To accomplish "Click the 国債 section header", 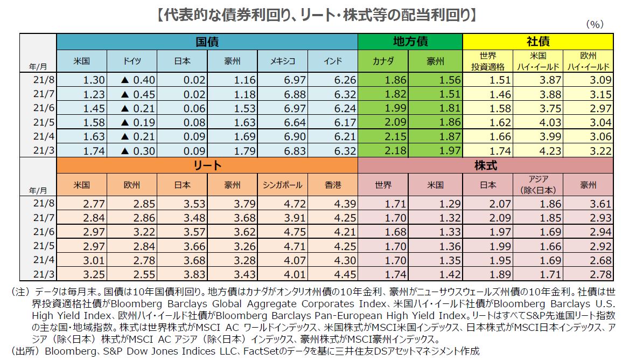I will pos(207,41).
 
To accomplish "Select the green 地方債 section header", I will pos(410,41).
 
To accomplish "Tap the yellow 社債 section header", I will pos(537,41).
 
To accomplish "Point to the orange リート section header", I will pos(207,165).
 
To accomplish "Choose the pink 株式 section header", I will pos(485,165).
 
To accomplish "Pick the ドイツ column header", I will pos(132,61).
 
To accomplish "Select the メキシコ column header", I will pos(283,61).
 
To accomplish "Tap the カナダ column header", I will pos(383,61).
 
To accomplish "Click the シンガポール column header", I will pos(283,185).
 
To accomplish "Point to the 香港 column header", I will pos(333,185).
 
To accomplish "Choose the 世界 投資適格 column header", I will pos(488,61).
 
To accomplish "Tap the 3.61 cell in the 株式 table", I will pos(588,204).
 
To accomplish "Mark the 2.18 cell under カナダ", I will pos(383,150).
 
